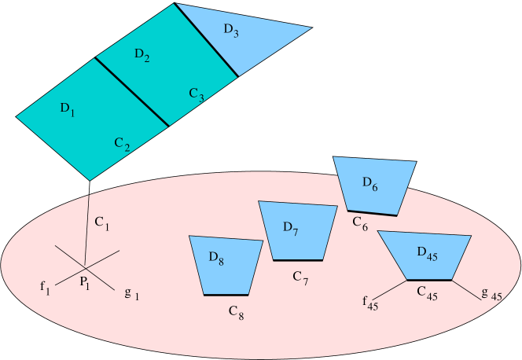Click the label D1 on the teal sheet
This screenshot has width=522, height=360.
(x=67, y=109)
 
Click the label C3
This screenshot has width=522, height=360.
(x=197, y=95)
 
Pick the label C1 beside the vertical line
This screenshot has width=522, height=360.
(x=102, y=224)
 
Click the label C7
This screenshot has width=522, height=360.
(x=300, y=277)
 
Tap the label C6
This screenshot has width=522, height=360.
(x=360, y=224)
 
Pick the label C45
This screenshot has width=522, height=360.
(x=428, y=294)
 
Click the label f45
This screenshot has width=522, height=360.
(x=370, y=303)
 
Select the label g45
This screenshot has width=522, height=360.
(x=491, y=295)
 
